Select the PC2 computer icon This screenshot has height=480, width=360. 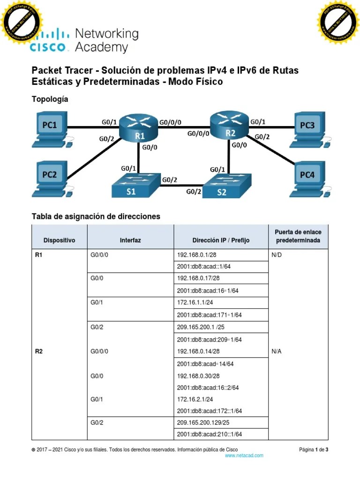(50, 176)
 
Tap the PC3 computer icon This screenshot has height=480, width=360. (308, 127)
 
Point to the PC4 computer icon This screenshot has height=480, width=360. (308, 176)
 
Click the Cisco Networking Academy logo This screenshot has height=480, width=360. (84, 40)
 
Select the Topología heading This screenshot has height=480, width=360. (50, 99)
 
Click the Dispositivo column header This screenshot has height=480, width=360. (59, 240)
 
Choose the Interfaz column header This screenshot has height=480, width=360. (130, 240)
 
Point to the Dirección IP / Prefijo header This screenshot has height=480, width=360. (221, 240)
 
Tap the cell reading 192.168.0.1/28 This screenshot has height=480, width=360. (197, 255)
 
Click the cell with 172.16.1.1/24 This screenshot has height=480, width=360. (195, 303)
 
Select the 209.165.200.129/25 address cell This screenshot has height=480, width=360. (203, 423)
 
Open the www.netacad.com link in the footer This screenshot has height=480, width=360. (244, 455)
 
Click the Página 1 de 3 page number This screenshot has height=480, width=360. (314, 450)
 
